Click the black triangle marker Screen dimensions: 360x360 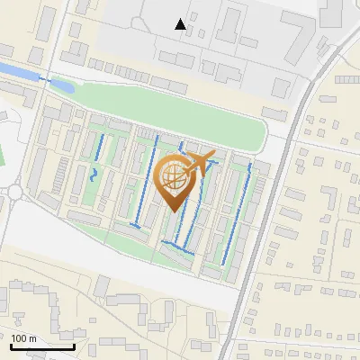point(181,24)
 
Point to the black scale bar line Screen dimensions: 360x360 point(42,346)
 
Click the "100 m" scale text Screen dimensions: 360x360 point(24,338)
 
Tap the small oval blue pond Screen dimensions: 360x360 point(62,85)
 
